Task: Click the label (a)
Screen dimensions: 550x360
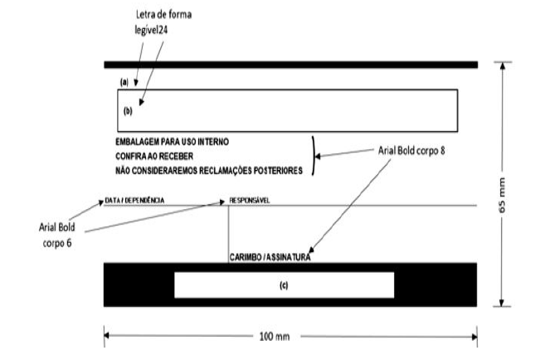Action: tap(124, 82)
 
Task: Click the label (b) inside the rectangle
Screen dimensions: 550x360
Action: tap(128, 111)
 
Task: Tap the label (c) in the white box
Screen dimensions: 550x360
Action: tap(284, 285)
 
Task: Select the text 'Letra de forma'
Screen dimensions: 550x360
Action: tap(163, 15)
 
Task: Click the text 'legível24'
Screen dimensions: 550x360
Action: tap(151, 30)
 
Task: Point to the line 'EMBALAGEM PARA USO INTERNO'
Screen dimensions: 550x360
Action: tap(173, 142)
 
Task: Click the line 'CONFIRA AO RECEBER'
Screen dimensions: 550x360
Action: tap(154, 156)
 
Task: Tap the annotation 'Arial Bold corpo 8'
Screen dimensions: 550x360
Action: tap(411, 151)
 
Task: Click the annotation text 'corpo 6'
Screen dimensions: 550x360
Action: tap(57, 243)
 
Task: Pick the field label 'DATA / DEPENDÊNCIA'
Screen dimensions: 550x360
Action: tap(134, 201)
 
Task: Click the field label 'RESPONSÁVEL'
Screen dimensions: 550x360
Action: tap(250, 201)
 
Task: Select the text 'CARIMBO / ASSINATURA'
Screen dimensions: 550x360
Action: tap(270, 257)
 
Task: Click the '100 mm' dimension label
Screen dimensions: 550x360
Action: tap(275, 337)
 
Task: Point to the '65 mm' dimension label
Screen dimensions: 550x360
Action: tap(502, 195)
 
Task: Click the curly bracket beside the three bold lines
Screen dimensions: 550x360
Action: tap(314, 155)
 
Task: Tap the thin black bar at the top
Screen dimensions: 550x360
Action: tap(291, 65)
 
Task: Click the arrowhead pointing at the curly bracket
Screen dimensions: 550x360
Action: tap(318, 157)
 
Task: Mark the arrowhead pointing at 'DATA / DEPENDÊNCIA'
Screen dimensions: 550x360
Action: tap(100, 203)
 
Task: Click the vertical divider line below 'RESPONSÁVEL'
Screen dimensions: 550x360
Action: tap(229, 234)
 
